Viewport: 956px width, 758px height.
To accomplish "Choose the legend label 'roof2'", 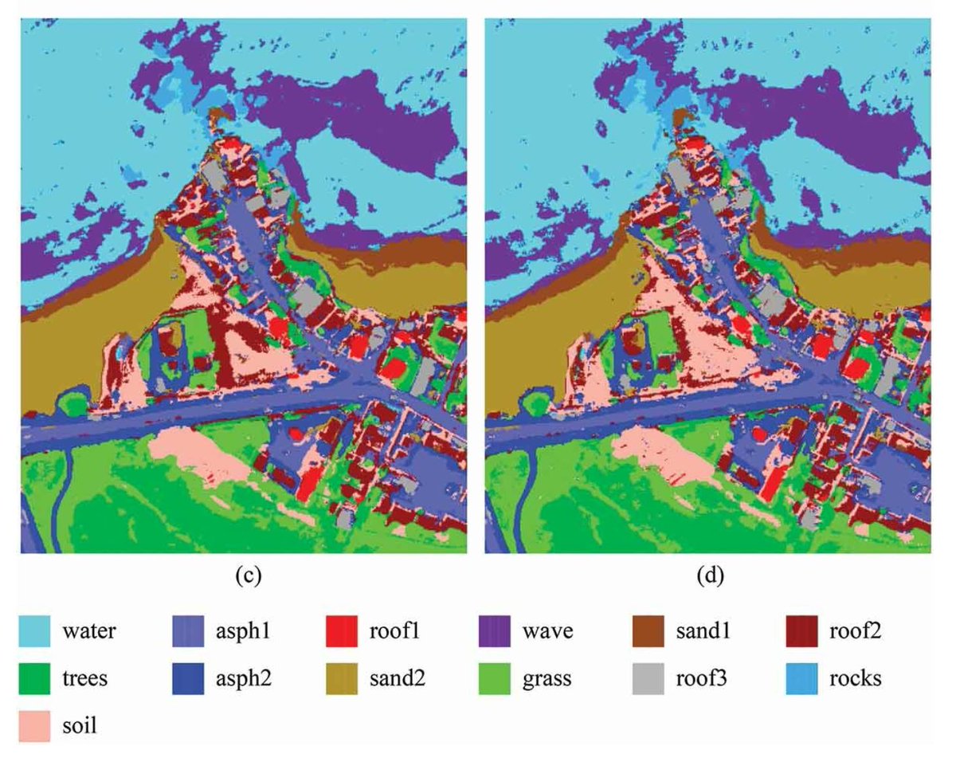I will click(x=854, y=632).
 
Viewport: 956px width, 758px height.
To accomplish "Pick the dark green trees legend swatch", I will click(x=34, y=678).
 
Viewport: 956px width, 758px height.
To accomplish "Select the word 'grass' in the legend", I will click(x=548, y=679).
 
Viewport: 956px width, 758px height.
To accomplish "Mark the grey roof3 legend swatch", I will click(x=649, y=678).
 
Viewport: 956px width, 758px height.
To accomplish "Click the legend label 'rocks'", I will click(x=854, y=679).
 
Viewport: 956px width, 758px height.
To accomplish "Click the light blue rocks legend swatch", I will click(x=803, y=678).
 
